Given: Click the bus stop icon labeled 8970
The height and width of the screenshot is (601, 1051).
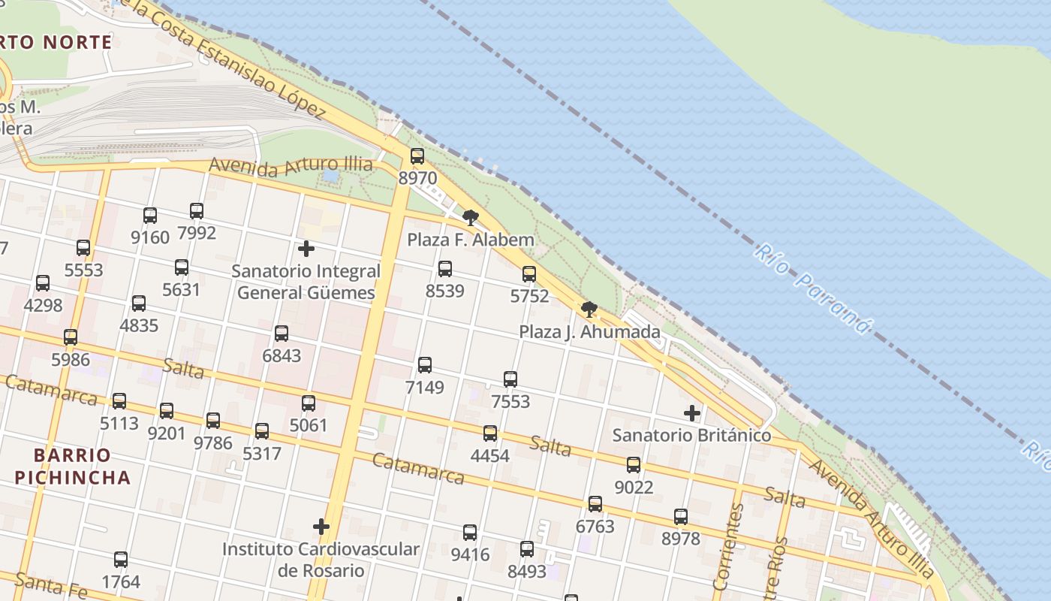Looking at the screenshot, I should pyautogui.click(x=417, y=156).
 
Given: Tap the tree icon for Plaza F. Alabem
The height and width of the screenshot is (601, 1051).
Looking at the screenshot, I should pyautogui.click(x=471, y=218).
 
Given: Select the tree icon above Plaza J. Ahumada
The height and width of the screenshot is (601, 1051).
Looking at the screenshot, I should pyautogui.click(x=589, y=309).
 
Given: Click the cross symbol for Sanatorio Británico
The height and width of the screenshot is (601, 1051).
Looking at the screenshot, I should pyautogui.click(x=692, y=412).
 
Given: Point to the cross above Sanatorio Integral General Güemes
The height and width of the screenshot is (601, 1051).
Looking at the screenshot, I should pyautogui.click(x=306, y=248).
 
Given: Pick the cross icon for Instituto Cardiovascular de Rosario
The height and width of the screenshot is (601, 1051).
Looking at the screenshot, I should pyautogui.click(x=321, y=527).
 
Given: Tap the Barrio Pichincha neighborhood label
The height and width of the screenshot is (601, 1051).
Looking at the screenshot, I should pyautogui.click(x=72, y=466).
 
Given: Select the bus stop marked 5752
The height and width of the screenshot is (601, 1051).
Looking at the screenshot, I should pyautogui.click(x=529, y=273).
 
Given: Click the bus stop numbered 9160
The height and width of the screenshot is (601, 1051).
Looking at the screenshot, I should pyautogui.click(x=150, y=216).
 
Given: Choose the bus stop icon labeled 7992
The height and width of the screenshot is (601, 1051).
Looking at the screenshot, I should pyautogui.click(x=197, y=210).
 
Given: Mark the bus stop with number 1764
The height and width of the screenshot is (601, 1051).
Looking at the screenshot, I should pyautogui.click(x=121, y=560).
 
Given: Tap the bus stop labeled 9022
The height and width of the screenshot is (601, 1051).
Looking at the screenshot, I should pyautogui.click(x=634, y=465).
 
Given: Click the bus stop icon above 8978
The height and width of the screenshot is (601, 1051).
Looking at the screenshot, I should pyautogui.click(x=681, y=516).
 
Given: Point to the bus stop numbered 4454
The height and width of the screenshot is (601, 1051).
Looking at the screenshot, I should pyautogui.click(x=490, y=433).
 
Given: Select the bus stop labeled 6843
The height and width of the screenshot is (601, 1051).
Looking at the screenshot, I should pyautogui.click(x=282, y=333).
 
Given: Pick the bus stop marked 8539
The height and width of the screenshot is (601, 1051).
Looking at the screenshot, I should pyautogui.click(x=445, y=268).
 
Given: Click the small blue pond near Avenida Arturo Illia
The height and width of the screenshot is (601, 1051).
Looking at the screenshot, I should pyautogui.click(x=330, y=176).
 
